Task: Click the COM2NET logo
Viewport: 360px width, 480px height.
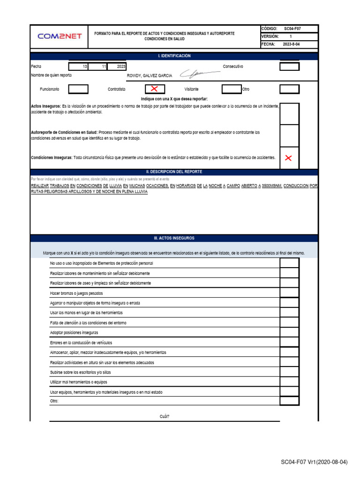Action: tap(60, 36)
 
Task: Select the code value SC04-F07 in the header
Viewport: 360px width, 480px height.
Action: tap(292, 29)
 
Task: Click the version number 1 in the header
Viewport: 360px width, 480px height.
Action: tap(291, 36)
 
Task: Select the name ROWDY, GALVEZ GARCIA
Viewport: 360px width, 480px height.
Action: tap(150, 75)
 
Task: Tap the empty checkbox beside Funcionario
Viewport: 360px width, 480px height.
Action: tap(78, 89)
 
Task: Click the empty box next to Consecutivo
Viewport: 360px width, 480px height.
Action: tap(289, 67)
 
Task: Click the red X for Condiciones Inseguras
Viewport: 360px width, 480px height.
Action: tap(289, 158)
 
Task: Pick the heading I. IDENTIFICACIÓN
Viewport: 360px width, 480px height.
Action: tap(174, 56)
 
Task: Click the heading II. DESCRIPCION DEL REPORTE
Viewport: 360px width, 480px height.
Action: tap(174, 172)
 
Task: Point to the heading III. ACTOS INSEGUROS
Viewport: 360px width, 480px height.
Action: tap(174, 238)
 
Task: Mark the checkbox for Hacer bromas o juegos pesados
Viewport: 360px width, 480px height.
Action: tap(289, 293)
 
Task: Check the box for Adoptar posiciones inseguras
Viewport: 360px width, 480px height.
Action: tap(289, 332)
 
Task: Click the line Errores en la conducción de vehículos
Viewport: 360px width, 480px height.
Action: tap(81, 343)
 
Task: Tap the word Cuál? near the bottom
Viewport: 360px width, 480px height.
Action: tap(165, 416)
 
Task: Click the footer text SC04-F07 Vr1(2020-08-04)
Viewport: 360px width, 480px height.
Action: tap(314, 462)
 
